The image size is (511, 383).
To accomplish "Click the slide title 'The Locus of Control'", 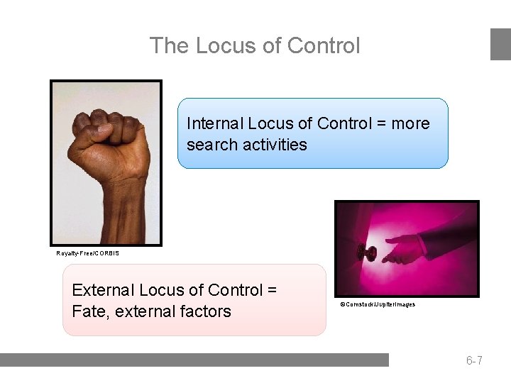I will pyautogui.click(x=255, y=45).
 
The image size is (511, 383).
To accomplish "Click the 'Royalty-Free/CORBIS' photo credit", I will pyautogui.click(x=88, y=253).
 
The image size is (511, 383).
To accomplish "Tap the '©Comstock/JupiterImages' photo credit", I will pyautogui.click(x=378, y=304).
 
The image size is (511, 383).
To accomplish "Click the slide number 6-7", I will pyautogui.click(x=474, y=360).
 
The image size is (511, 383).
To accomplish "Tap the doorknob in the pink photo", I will pyautogui.click(x=370, y=252).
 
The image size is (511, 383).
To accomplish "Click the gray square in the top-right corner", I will pyautogui.click(x=500, y=44).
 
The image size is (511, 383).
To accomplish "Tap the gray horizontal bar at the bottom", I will pyautogui.click(x=194, y=360).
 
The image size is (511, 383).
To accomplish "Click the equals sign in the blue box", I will pyautogui.click(x=380, y=124).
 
